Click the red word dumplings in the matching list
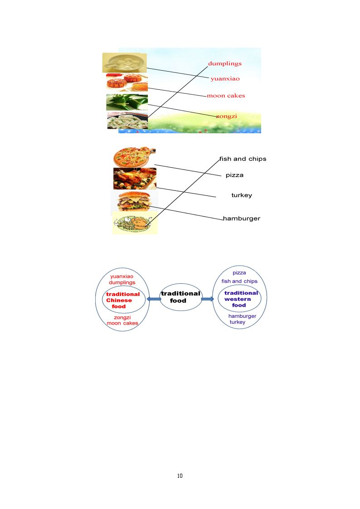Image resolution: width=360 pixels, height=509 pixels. [x=224, y=63]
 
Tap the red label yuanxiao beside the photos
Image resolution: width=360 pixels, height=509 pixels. [x=225, y=78]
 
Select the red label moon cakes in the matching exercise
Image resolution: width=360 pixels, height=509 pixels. [x=226, y=96]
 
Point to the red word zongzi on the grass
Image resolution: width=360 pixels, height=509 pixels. [x=227, y=116]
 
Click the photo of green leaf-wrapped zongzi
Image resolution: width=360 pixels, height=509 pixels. [x=127, y=102]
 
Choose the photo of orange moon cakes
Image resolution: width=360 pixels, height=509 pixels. [x=127, y=82]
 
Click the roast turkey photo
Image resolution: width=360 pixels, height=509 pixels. [x=135, y=179]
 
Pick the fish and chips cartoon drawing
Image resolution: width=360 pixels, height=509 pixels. [x=135, y=223]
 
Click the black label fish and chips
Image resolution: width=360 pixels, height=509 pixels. [x=243, y=159]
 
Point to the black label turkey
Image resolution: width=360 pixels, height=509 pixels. [x=242, y=195]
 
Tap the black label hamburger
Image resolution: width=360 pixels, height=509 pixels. [x=242, y=218]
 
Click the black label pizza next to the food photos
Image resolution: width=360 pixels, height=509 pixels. [x=234, y=175]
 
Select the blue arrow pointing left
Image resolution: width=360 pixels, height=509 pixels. [x=154, y=299]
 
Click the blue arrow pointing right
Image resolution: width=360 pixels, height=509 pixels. [x=208, y=299]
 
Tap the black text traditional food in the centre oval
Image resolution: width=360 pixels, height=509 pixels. [x=180, y=297]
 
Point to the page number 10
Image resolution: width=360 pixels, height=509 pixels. [x=180, y=476]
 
